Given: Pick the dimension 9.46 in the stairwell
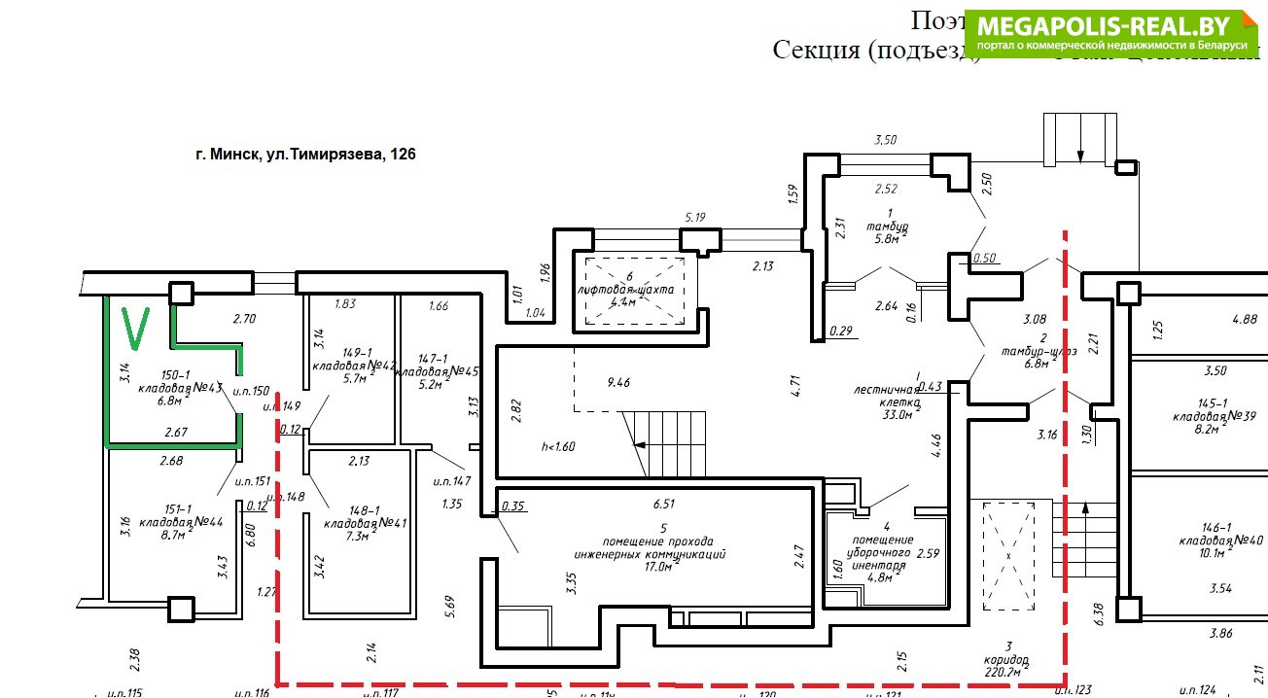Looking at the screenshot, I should click(x=618, y=383).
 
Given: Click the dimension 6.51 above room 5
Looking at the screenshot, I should click(x=665, y=504).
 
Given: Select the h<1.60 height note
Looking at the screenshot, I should click(x=559, y=447).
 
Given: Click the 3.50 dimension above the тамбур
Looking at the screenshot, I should click(x=885, y=140).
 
